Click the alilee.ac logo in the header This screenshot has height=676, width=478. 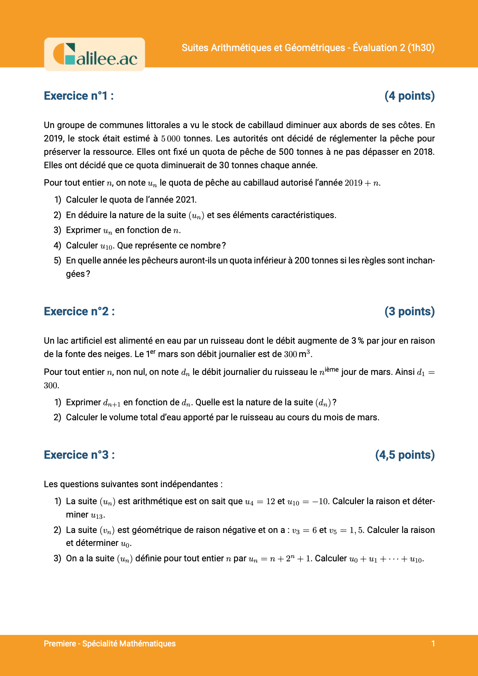95,54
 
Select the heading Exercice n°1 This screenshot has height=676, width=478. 79,96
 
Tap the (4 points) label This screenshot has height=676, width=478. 409,96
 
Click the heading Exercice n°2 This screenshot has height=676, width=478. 79,312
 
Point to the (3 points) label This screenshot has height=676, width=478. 409,312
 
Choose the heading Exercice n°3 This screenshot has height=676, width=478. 79,455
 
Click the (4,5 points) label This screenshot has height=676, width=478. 405,455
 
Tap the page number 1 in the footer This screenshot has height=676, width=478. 433,644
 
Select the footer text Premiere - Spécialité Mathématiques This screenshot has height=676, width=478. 110,644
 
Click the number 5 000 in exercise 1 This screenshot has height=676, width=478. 170,139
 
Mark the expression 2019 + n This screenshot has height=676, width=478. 362,183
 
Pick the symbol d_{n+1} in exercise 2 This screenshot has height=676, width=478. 112,403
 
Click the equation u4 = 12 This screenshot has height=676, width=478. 260,502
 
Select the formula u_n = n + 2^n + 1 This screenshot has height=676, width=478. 280,559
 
